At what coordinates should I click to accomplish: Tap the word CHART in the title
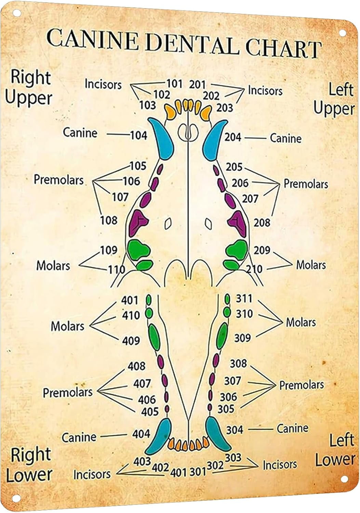click(283, 48)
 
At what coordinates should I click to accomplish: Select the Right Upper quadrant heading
click(29, 88)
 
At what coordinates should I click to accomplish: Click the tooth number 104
click(138, 135)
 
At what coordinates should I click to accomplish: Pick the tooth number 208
click(262, 223)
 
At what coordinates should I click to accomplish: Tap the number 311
click(244, 299)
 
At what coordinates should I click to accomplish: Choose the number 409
click(131, 341)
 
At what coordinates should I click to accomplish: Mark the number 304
click(235, 430)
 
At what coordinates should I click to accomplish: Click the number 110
click(117, 270)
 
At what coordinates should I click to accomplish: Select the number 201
click(197, 84)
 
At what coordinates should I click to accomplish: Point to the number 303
click(233, 457)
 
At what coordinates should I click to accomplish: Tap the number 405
click(150, 411)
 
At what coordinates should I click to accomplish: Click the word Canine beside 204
click(286, 139)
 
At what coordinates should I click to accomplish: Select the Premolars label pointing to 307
click(302, 385)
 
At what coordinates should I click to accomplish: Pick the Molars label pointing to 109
click(53, 265)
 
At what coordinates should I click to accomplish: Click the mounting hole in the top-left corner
click(15, 13)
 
